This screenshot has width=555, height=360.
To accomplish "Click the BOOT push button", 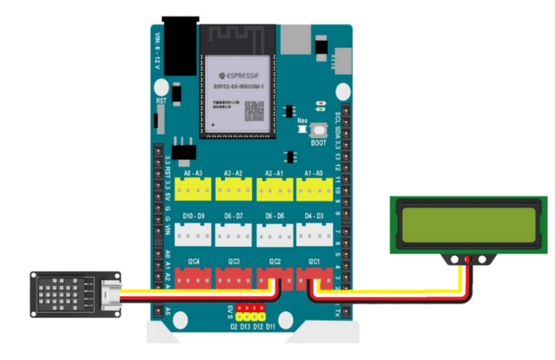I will [x=318, y=130].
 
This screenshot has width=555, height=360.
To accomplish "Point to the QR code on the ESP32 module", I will [x=253, y=110].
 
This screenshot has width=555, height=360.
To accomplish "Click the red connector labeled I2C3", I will [x=233, y=278].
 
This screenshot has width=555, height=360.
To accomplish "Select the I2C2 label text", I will [x=274, y=261].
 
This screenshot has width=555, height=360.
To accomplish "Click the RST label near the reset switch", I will [x=161, y=101].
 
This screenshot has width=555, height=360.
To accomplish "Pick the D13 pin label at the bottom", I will [x=246, y=327].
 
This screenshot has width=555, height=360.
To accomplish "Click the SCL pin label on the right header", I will [x=337, y=118].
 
